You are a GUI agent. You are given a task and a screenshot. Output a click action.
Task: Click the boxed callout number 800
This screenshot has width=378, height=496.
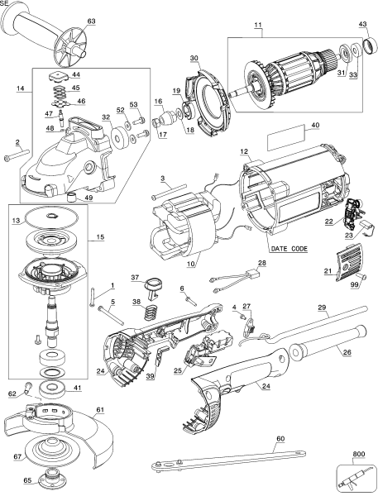(x=357, y=455)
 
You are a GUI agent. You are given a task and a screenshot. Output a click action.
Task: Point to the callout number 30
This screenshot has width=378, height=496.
(x=194, y=59)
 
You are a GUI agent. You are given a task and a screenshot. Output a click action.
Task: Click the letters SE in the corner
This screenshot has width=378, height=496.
(x=5, y=4)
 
